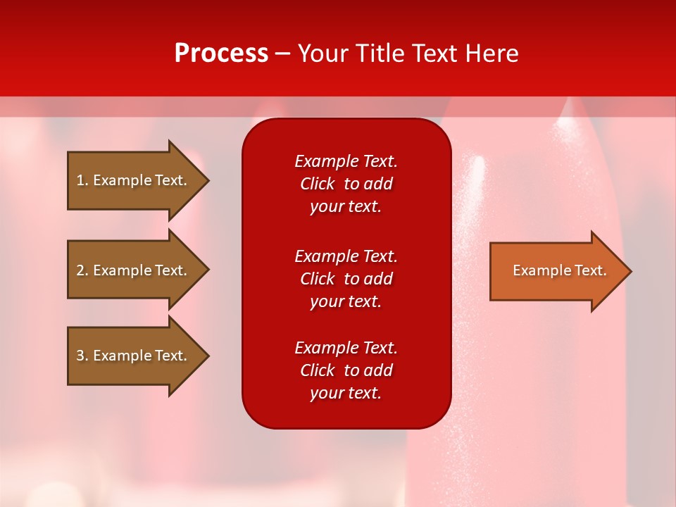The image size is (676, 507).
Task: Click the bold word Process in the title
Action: point(221,54)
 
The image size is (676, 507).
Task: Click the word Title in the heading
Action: point(380,54)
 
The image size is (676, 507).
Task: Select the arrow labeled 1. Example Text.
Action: point(134,180)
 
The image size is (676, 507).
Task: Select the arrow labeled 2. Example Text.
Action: point(134,270)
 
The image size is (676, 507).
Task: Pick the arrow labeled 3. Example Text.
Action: point(134,356)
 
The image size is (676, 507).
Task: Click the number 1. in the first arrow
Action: point(82,180)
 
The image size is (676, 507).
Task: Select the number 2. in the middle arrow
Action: point(82,270)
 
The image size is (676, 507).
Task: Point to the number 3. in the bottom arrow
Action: point(82,356)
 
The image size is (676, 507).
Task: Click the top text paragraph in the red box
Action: point(346,184)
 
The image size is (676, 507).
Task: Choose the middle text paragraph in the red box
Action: point(346,279)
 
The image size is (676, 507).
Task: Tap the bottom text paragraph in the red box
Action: point(346,370)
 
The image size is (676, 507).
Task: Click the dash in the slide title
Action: point(282,54)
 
